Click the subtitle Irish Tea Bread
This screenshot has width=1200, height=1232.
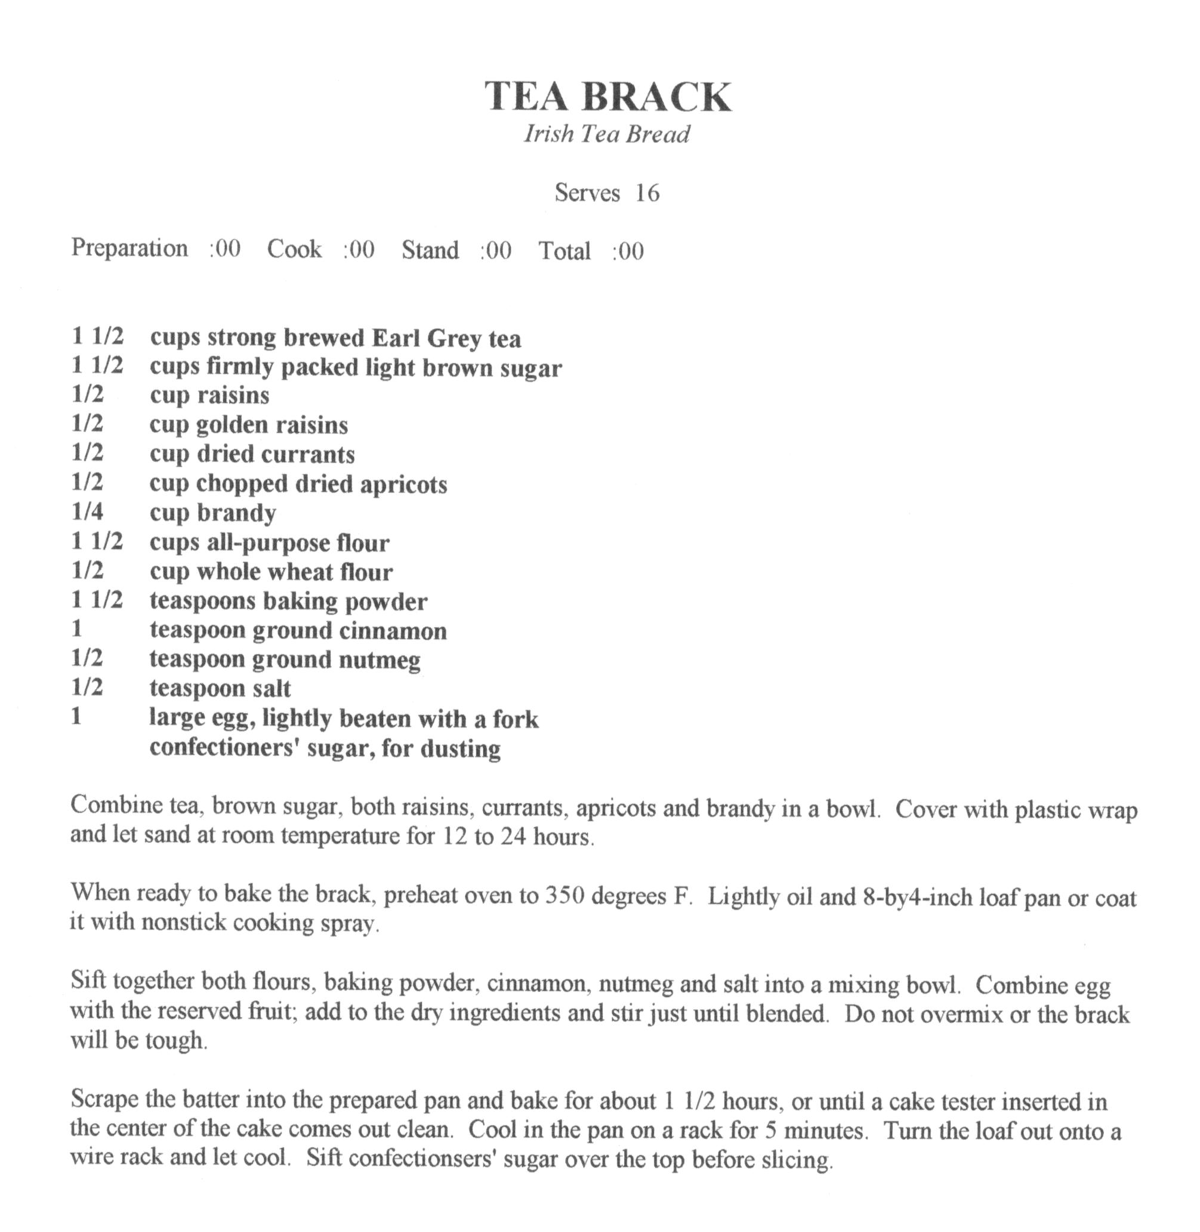606,134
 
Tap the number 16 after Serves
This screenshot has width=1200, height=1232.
647,193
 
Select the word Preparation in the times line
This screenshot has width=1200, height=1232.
129,248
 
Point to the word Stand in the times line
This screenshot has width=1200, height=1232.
430,250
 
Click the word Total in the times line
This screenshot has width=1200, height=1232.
564,250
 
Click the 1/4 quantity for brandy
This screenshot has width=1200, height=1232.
87,512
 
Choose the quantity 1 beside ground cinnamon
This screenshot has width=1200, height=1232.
77,629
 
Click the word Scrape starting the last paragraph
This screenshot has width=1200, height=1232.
104,1099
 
